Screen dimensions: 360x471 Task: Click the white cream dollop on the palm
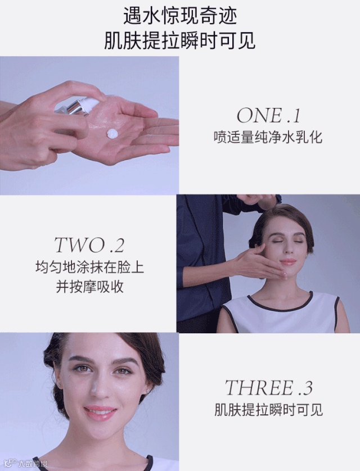(x=113, y=133)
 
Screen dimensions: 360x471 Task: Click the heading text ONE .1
(x=268, y=115)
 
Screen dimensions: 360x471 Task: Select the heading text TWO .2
(x=89, y=245)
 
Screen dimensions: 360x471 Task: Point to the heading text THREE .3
(x=268, y=387)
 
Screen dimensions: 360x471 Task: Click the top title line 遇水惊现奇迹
(x=179, y=16)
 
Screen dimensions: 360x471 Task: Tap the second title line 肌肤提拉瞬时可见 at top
(x=179, y=40)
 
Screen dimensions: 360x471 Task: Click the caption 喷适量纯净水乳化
(x=268, y=138)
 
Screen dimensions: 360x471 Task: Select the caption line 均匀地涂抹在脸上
(x=89, y=268)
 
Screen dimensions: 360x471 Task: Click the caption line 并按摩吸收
(x=89, y=287)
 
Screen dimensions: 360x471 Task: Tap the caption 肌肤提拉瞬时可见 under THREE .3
(x=268, y=410)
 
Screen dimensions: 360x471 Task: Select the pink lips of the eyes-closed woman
(x=288, y=261)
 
